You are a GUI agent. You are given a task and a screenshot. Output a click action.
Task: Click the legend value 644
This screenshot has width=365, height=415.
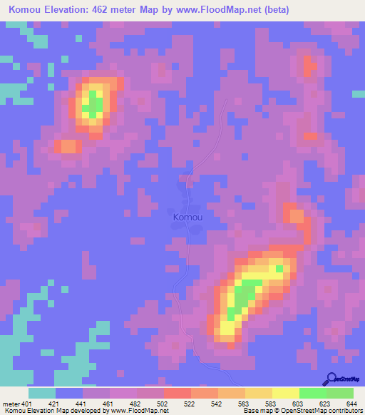point(351,403)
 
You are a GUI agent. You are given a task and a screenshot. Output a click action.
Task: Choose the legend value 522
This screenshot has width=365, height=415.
point(189,403)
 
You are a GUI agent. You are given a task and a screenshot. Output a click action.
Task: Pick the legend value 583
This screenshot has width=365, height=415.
point(269,403)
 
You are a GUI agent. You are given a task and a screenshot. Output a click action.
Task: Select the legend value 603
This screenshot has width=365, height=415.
point(297,403)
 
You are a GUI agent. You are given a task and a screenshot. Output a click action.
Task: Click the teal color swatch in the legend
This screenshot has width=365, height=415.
point(42,393)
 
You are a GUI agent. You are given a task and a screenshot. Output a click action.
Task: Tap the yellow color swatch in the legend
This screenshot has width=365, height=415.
point(285,393)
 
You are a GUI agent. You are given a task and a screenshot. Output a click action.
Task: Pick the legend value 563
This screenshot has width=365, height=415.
point(242,403)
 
